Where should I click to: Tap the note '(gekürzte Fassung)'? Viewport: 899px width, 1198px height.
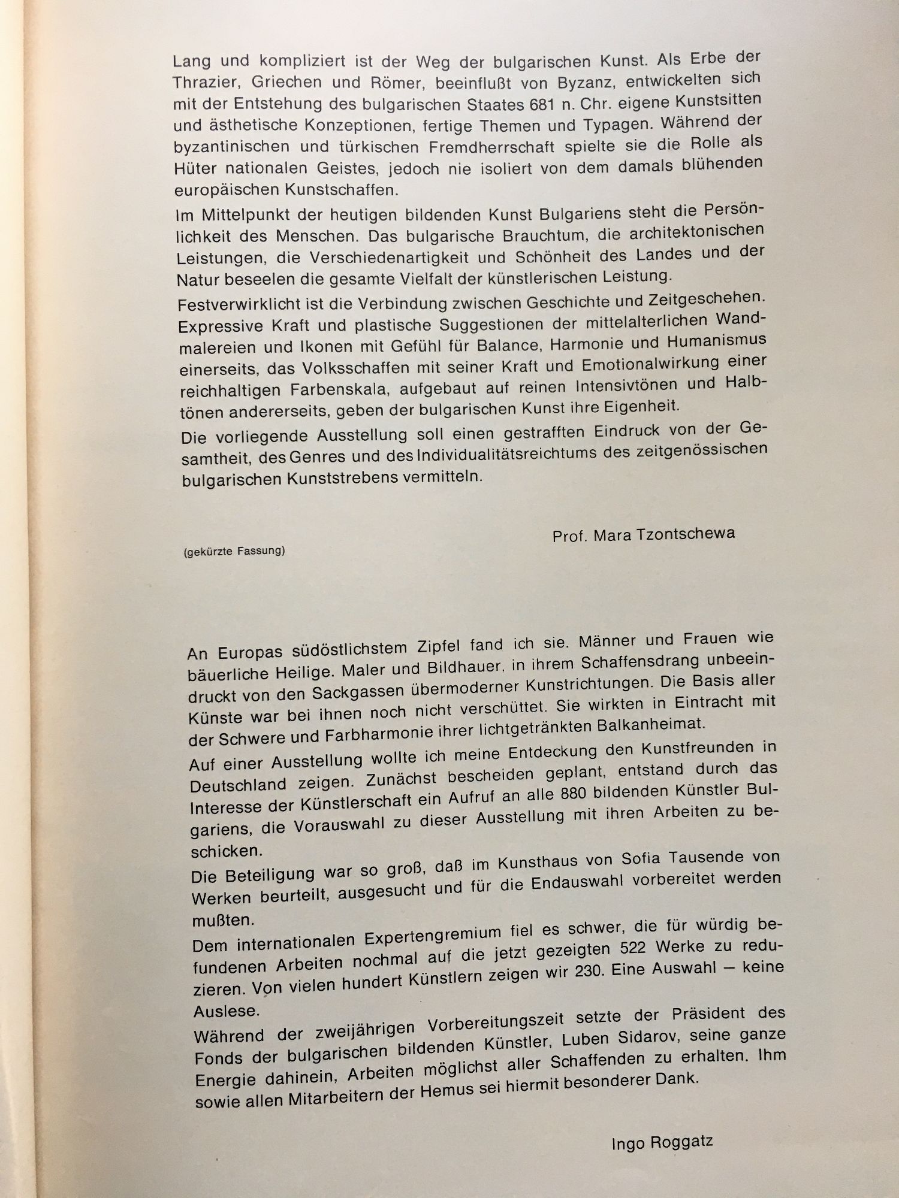click(x=234, y=551)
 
